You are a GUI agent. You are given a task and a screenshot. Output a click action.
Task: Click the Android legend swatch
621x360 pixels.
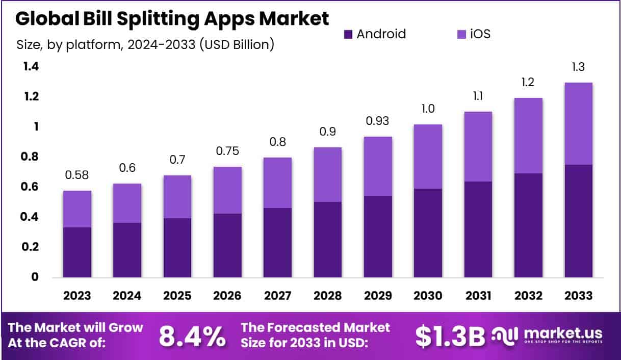[348, 35]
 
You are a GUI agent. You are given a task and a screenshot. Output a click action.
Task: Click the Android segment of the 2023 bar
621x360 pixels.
[77, 252]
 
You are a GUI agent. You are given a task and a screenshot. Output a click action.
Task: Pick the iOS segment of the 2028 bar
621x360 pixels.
[327, 174]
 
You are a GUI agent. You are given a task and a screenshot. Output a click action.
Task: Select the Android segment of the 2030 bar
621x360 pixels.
[427, 233]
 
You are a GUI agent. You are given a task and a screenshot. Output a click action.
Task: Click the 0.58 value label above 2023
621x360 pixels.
[77, 176]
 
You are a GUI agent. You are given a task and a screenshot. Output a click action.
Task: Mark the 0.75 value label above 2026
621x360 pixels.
[227, 152]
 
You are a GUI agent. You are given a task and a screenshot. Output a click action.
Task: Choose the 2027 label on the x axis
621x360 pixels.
[277, 296]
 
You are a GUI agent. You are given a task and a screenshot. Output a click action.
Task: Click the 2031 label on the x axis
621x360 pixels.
[478, 296]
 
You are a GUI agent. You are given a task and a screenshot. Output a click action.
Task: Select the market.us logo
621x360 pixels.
[548, 335]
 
